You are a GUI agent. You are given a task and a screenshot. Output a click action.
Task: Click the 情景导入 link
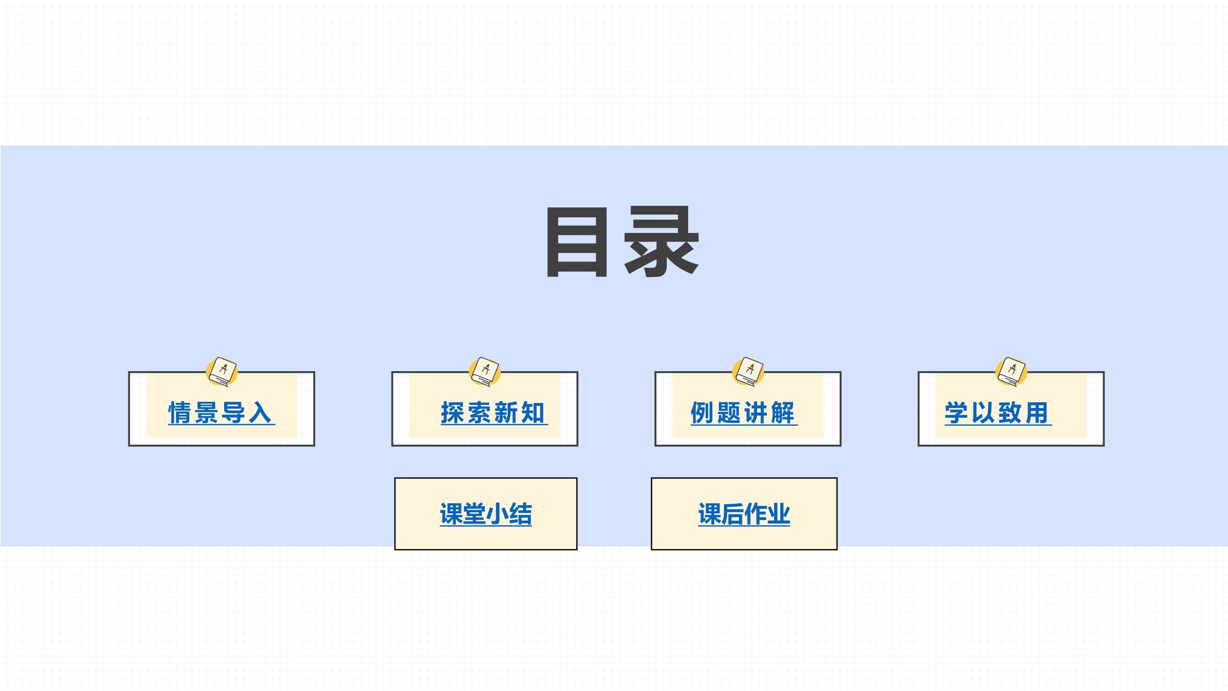coord(222,413)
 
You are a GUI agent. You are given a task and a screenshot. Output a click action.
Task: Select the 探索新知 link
coord(494,413)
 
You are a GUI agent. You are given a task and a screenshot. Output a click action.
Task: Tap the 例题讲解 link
coord(743,413)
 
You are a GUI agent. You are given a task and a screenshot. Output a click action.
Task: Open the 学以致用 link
coord(998,413)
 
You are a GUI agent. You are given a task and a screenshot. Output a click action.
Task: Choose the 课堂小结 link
coord(486,514)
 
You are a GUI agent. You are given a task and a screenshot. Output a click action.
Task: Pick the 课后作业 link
coord(744,514)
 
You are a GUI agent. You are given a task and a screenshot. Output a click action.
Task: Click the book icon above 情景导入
coord(222,372)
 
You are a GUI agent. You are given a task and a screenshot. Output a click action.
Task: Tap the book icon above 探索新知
coord(485,372)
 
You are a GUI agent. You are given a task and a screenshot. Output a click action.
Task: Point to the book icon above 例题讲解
coord(748,372)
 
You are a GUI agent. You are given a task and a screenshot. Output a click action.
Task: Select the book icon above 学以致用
coord(1012,372)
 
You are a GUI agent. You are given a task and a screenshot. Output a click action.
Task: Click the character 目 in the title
coord(577,242)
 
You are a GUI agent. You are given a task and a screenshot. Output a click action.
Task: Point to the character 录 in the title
coord(662,242)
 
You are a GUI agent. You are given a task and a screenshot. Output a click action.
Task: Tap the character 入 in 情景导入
coord(261,413)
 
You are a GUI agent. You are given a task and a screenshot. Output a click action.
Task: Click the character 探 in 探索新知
coord(453,413)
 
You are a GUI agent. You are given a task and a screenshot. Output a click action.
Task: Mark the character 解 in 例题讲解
coord(783,413)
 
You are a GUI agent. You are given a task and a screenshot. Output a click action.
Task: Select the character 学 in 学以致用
coord(957,413)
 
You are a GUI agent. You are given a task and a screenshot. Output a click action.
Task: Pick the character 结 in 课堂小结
coord(521,514)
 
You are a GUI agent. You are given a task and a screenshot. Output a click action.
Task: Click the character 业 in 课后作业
coord(779,514)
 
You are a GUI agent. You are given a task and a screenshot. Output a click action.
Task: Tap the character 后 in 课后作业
coord(733,514)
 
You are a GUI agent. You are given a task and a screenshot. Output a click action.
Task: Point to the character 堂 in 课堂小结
coord(475,514)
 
